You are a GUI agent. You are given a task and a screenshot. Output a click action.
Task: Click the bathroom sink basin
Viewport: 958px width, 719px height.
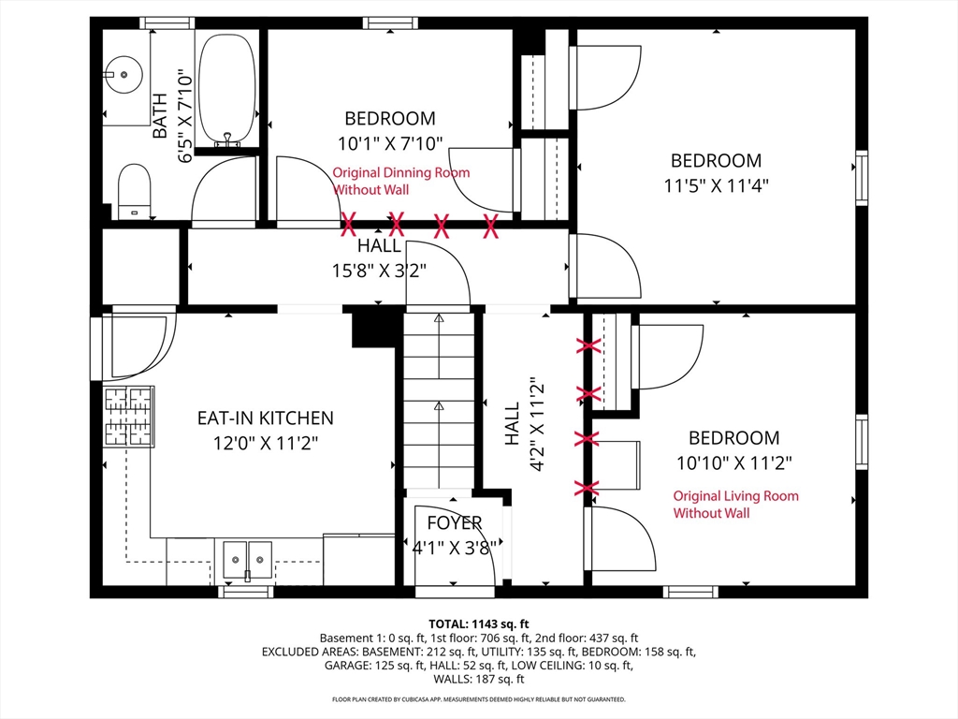point(123,75)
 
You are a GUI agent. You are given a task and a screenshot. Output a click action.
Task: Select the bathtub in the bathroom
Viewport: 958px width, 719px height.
point(227,90)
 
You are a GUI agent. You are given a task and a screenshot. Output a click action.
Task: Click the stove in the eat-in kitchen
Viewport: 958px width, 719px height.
point(128,417)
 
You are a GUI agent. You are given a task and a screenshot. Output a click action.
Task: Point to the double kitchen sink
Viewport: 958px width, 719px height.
point(247,560)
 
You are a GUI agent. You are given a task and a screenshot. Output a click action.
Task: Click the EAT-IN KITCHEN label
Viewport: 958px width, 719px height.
point(265,418)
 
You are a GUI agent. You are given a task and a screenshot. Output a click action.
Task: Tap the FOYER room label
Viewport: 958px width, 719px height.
point(455,522)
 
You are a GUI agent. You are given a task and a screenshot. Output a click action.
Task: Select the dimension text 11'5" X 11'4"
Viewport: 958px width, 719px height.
point(716,185)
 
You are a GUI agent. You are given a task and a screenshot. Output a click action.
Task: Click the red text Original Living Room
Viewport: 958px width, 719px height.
point(735,496)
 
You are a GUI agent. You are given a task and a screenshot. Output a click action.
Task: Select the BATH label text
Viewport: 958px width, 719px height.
point(159,115)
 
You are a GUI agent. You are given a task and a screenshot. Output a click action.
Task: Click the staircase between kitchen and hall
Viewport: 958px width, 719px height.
point(439,401)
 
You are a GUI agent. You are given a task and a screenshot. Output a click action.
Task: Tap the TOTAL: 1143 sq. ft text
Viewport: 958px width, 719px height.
point(478,624)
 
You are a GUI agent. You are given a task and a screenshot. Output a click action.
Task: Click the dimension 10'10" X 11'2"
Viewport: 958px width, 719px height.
point(733,462)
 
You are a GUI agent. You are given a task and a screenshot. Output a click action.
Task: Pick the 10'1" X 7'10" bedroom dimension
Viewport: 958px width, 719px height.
point(390,143)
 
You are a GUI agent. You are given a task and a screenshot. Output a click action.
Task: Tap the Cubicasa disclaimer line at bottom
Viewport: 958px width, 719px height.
point(478,698)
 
